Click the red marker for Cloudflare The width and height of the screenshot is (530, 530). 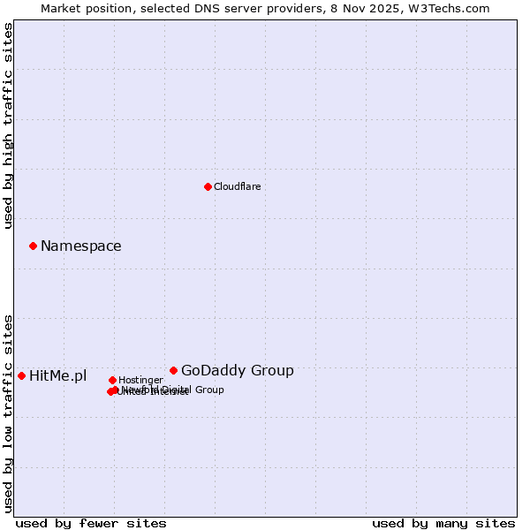(208, 186)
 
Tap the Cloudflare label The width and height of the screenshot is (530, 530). (237, 186)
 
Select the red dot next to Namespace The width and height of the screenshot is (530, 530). (33, 246)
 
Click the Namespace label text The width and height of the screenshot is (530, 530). (80, 246)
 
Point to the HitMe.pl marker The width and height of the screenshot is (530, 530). (21, 375)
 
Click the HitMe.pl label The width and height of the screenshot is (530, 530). (57, 376)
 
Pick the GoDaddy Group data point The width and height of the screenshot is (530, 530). (173, 370)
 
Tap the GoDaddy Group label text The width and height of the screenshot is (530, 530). (237, 371)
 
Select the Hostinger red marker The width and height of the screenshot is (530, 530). (112, 380)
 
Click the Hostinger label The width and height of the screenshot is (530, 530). (140, 380)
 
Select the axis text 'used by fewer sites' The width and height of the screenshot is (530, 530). (91, 523)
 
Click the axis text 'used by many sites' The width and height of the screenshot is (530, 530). (443, 523)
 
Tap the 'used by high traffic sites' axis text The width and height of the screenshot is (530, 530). (9, 125)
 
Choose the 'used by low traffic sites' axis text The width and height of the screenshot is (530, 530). (9, 413)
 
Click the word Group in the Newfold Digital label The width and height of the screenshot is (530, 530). (208, 390)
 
